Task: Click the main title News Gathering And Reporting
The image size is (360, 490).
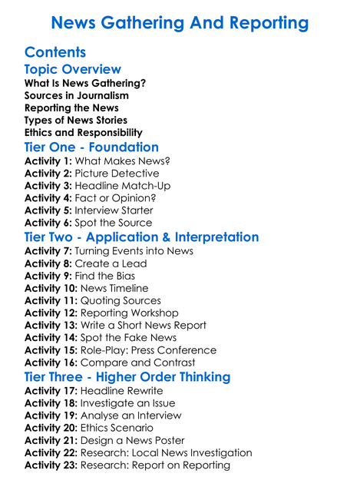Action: point(180,22)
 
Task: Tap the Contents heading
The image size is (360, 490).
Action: point(55,52)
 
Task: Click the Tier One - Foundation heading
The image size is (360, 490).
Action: point(91,147)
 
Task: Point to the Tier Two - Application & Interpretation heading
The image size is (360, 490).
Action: point(141,237)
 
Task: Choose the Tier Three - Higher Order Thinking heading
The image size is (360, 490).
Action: point(127,376)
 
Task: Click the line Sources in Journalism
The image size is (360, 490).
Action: point(77,96)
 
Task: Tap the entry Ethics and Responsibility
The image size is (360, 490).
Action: point(83,133)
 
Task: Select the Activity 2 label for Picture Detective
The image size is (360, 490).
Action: point(48,174)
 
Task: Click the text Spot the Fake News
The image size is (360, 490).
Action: point(128,337)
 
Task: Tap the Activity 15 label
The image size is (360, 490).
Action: point(51,349)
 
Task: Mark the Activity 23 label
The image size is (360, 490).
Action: point(51,464)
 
